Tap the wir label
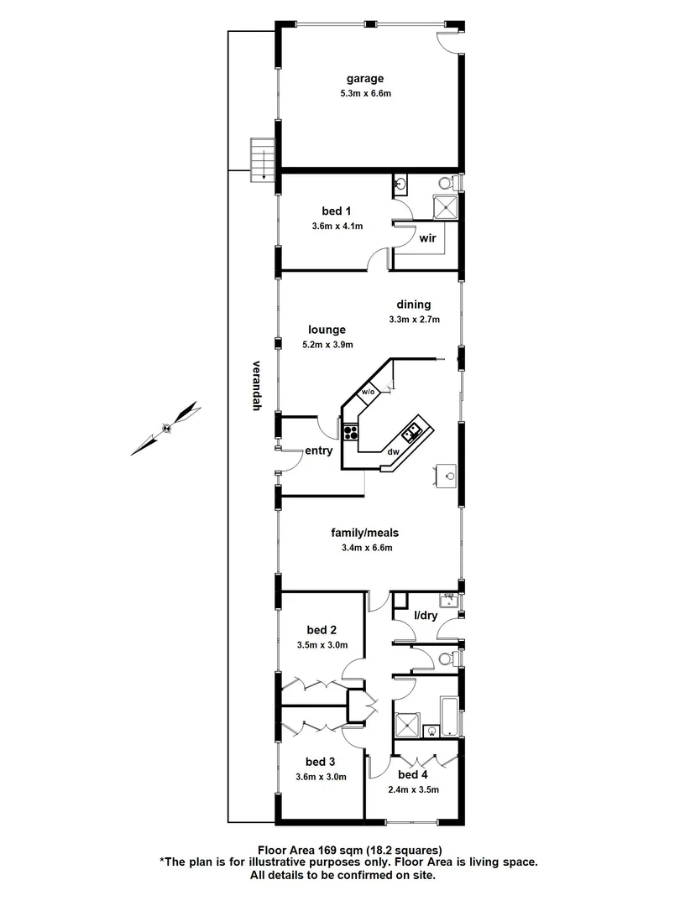click(428, 238)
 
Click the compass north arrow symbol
click(167, 428)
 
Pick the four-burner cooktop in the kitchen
click(351, 434)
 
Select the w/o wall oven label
click(368, 392)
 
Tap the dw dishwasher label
click(392, 452)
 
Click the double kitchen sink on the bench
click(412, 432)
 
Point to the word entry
click(319, 450)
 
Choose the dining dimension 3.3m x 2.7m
click(415, 320)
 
